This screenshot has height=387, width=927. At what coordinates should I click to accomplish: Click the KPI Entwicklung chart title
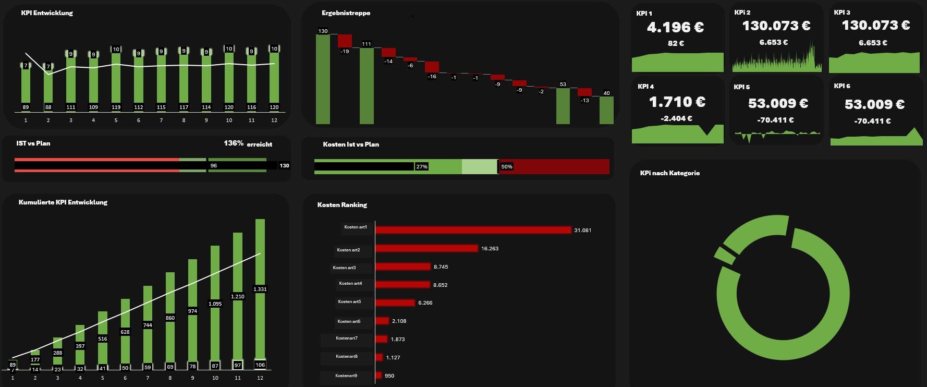click(x=47, y=13)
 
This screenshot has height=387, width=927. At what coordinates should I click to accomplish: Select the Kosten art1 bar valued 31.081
click(x=473, y=230)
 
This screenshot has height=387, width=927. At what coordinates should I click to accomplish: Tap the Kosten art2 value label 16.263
click(x=490, y=249)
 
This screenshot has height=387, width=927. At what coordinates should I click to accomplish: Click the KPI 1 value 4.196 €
click(x=675, y=27)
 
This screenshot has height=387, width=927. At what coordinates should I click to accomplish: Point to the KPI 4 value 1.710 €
click(x=677, y=102)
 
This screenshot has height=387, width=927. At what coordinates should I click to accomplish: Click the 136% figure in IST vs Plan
click(x=234, y=143)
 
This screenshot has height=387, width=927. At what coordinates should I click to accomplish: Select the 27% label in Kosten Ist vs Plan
click(x=421, y=167)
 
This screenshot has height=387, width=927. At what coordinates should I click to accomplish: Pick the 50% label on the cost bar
click(x=506, y=167)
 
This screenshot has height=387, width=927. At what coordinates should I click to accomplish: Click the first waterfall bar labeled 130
click(x=323, y=78)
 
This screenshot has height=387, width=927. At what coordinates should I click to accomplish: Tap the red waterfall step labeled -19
click(x=345, y=41)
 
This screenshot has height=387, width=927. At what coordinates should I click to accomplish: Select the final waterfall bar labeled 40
click(x=606, y=110)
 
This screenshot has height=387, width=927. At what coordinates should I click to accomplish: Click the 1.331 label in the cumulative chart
click(x=260, y=289)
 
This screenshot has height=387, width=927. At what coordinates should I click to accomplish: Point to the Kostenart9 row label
click(x=346, y=376)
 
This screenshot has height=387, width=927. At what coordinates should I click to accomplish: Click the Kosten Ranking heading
click(x=342, y=205)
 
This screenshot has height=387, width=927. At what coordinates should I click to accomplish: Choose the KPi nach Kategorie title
click(x=669, y=173)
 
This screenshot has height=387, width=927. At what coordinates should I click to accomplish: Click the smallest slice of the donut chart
click(x=724, y=255)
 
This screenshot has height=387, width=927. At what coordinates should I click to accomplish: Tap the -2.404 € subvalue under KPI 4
click(x=676, y=118)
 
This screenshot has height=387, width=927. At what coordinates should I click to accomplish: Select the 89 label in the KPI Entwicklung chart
click(x=26, y=107)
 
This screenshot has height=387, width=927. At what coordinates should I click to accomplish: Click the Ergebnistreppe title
click(x=346, y=13)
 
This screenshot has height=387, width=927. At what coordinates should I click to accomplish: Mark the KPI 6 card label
click(x=841, y=86)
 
